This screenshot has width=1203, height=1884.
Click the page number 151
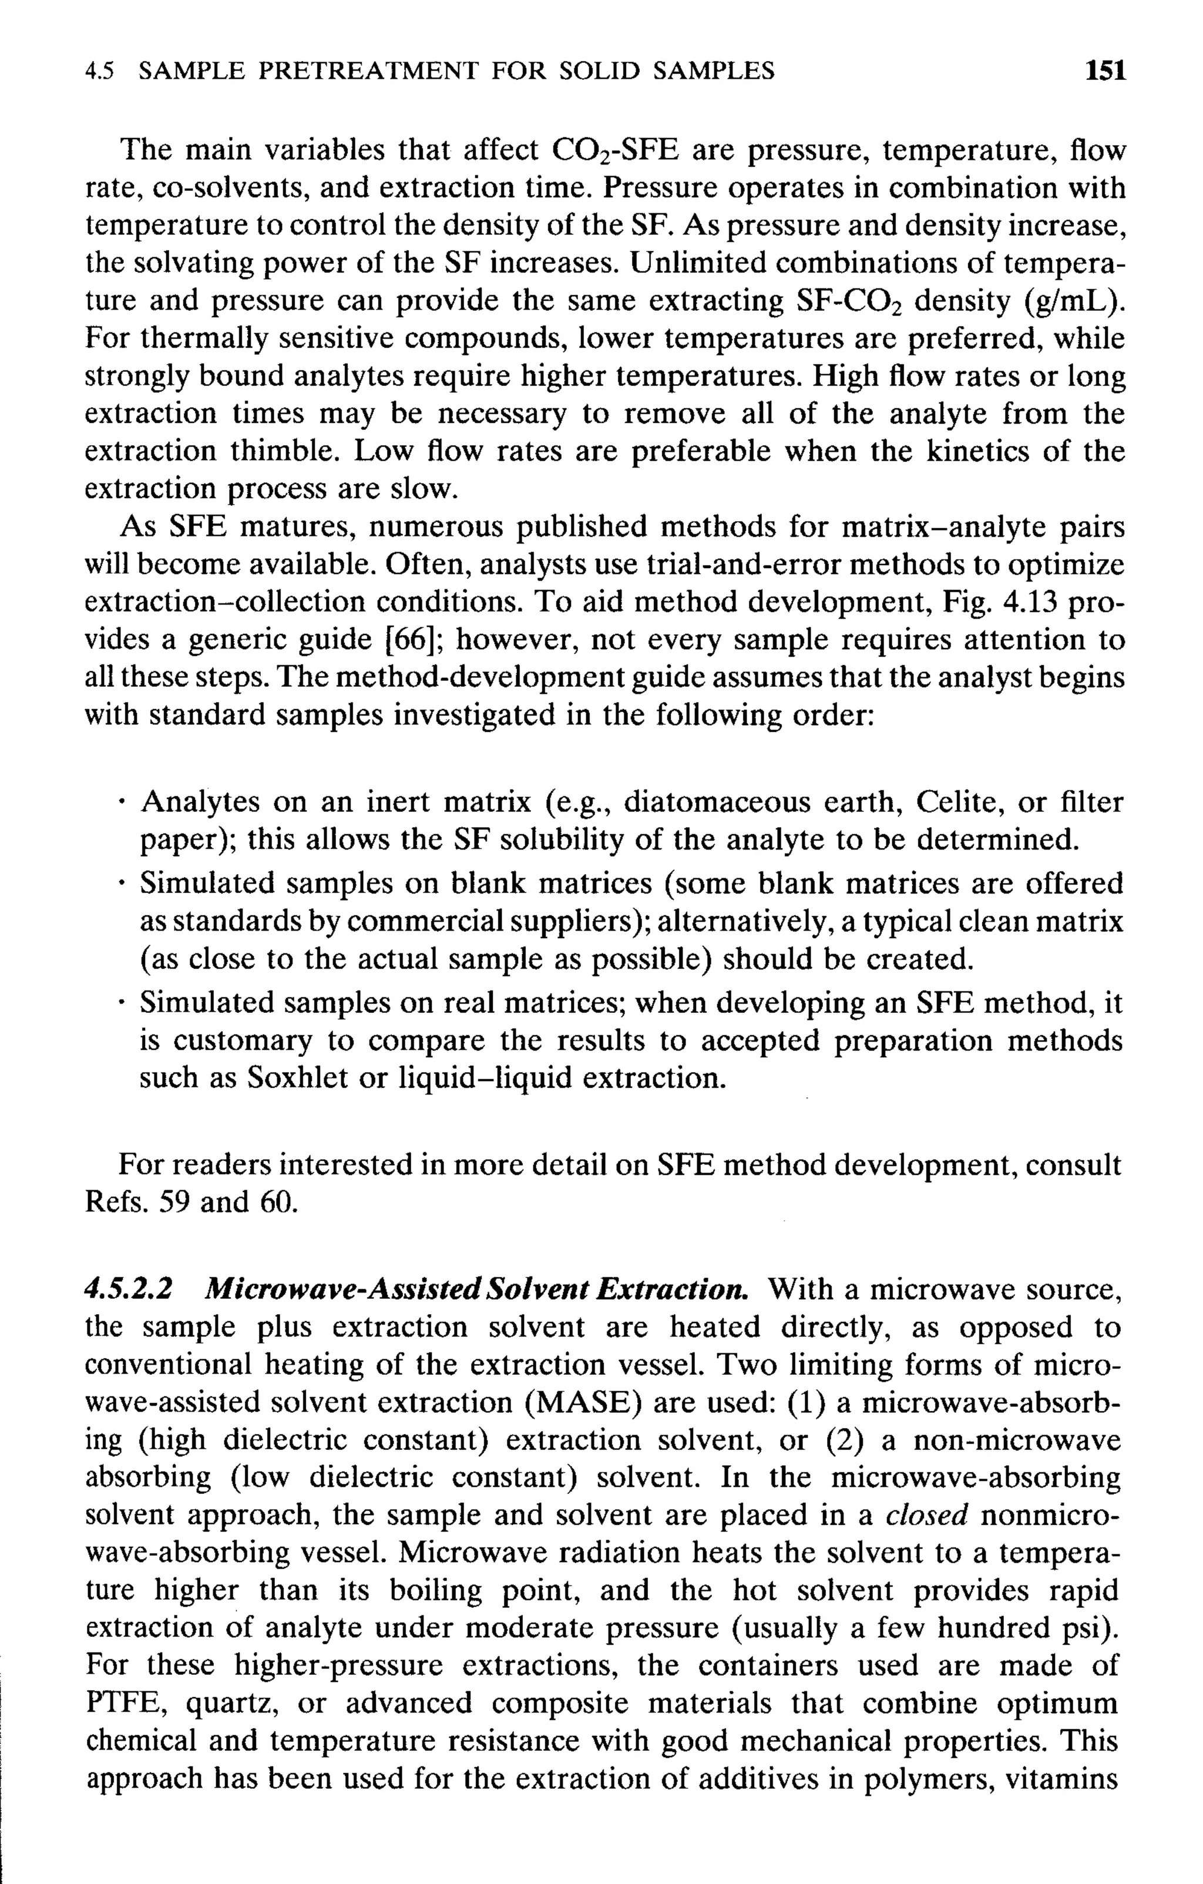[1104, 71]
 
